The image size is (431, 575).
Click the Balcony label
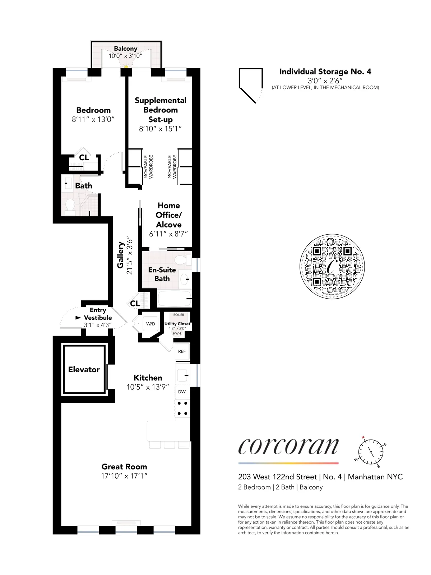click(125, 49)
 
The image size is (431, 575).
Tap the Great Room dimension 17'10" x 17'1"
click(124, 476)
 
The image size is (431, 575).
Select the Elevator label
click(84, 369)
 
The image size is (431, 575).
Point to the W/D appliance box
click(150, 324)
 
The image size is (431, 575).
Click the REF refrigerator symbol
click(182, 351)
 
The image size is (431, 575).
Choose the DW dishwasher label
click(182, 392)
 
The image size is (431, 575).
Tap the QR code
click(332, 266)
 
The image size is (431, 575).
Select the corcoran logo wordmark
click(288, 447)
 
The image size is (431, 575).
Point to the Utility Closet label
click(177, 324)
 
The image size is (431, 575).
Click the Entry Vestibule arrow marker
click(78, 318)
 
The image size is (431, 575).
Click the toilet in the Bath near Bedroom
click(70, 206)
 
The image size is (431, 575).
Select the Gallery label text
click(121, 255)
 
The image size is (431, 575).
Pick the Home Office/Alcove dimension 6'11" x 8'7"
click(168, 234)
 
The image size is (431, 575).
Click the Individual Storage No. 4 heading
click(325, 72)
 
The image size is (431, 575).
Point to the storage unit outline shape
click(251, 84)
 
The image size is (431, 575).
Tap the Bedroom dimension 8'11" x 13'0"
click(93, 120)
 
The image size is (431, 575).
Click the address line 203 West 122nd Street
click(278, 477)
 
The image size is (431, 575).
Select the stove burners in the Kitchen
click(182, 408)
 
